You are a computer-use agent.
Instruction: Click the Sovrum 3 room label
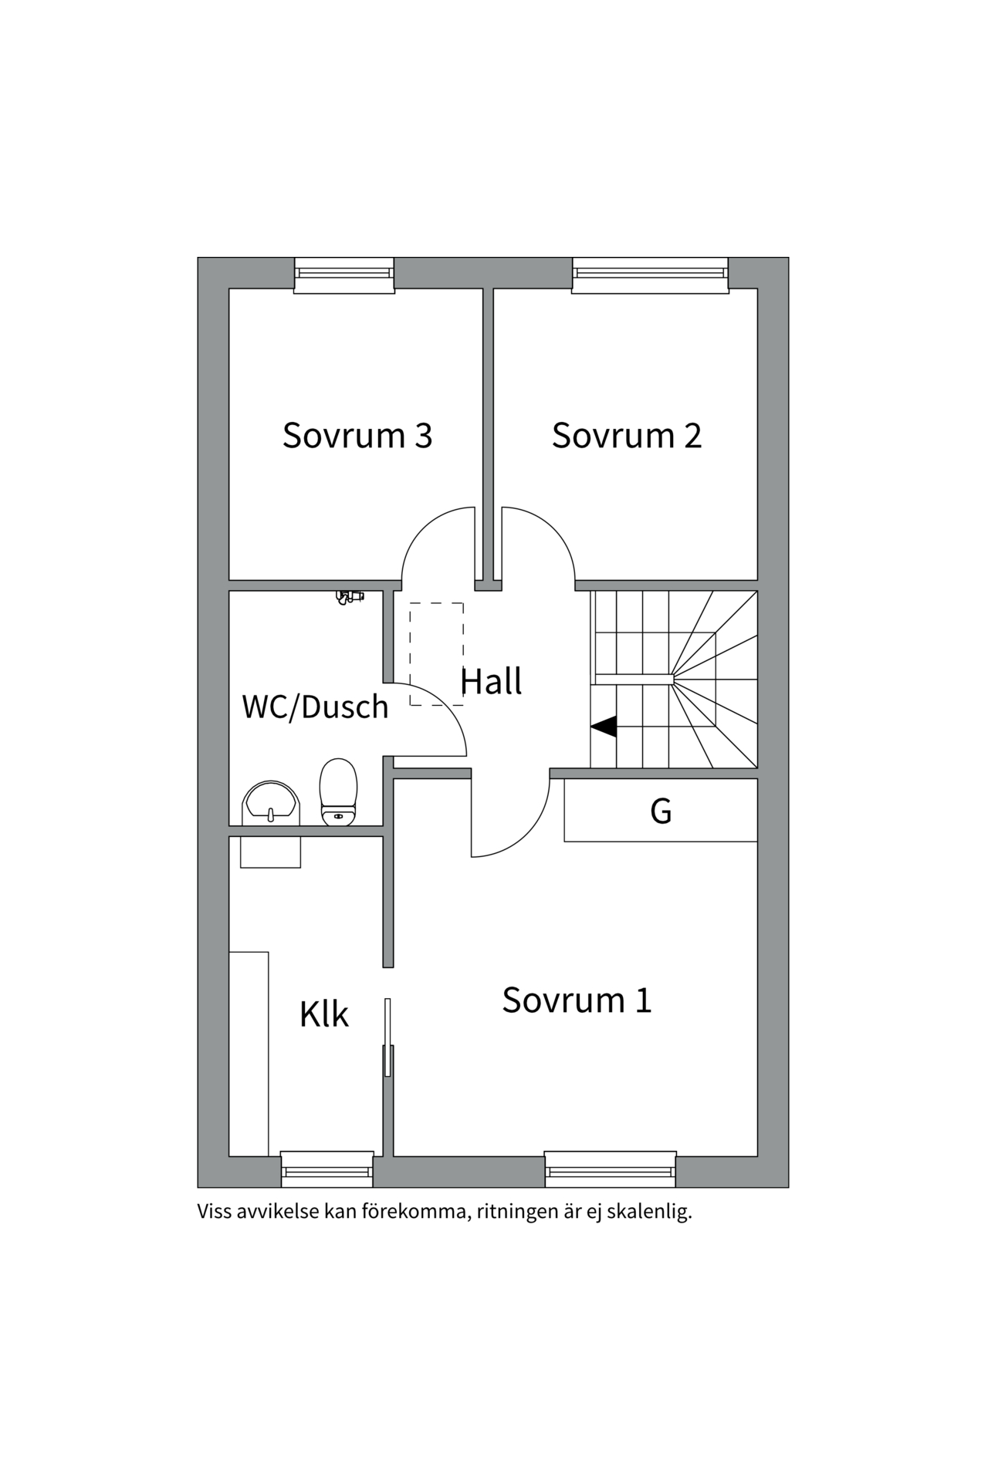pyautogui.click(x=357, y=435)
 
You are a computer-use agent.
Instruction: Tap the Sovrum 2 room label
pyautogui.click(x=627, y=435)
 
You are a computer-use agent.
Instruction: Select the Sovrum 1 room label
pyautogui.click(x=577, y=1000)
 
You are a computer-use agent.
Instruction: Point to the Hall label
pyautogui.click(x=491, y=681)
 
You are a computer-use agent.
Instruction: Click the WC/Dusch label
pyautogui.click(x=315, y=707)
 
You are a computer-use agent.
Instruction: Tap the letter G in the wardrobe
pyautogui.click(x=661, y=811)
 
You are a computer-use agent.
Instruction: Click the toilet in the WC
pyautogui.click(x=339, y=792)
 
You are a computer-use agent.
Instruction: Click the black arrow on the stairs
pyautogui.click(x=604, y=727)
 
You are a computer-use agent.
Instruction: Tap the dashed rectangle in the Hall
pyautogui.click(x=437, y=654)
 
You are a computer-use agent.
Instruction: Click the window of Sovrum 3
pyautogui.click(x=344, y=275)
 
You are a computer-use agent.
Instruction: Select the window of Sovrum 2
pyautogui.click(x=650, y=275)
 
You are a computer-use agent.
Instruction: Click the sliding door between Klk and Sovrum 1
pyautogui.click(x=388, y=1037)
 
